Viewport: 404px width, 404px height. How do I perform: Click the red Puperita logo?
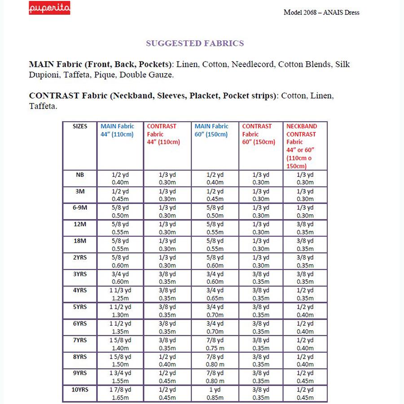[x=49, y=9]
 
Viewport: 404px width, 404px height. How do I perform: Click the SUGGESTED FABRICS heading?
[x=195, y=44]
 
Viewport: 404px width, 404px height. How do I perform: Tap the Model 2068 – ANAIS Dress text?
[x=321, y=12]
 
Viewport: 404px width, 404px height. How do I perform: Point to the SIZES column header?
[x=80, y=127]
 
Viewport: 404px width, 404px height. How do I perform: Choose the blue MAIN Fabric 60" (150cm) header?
[x=211, y=131]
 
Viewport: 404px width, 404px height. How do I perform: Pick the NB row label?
[x=80, y=175]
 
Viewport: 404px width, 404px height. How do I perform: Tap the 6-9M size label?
[x=80, y=208]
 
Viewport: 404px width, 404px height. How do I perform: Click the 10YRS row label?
[x=80, y=390]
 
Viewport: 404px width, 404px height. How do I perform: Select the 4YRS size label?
[x=80, y=290]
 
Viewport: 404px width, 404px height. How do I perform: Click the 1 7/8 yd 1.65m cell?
[x=120, y=394]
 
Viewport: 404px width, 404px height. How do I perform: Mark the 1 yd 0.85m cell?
[x=215, y=394]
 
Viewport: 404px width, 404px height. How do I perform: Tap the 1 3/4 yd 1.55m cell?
[x=120, y=377]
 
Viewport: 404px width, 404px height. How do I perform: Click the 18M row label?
[x=80, y=241]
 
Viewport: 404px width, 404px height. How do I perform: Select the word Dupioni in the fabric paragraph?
[x=44, y=75]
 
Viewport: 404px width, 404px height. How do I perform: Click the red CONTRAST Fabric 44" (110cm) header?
[x=163, y=134]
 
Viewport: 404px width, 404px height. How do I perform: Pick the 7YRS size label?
[x=80, y=340]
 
